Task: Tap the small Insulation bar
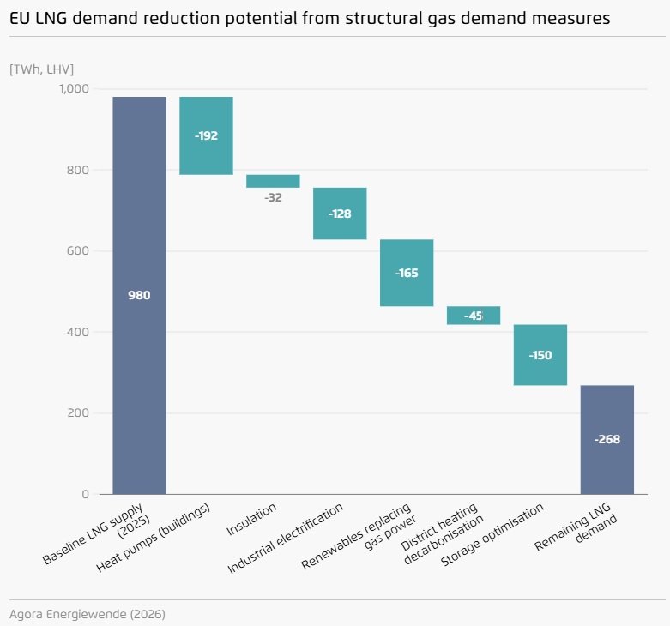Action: (273, 181)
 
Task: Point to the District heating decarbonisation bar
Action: (474, 316)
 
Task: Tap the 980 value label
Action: (139, 295)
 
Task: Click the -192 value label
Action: (206, 135)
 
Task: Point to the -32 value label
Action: (273, 198)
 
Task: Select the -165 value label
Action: (407, 273)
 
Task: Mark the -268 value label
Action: (607, 439)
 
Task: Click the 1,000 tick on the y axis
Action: (74, 89)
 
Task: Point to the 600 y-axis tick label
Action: (77, 251)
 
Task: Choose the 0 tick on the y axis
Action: (85, 495)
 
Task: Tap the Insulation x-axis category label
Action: (252, 520)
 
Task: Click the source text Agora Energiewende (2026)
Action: (88, 614)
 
